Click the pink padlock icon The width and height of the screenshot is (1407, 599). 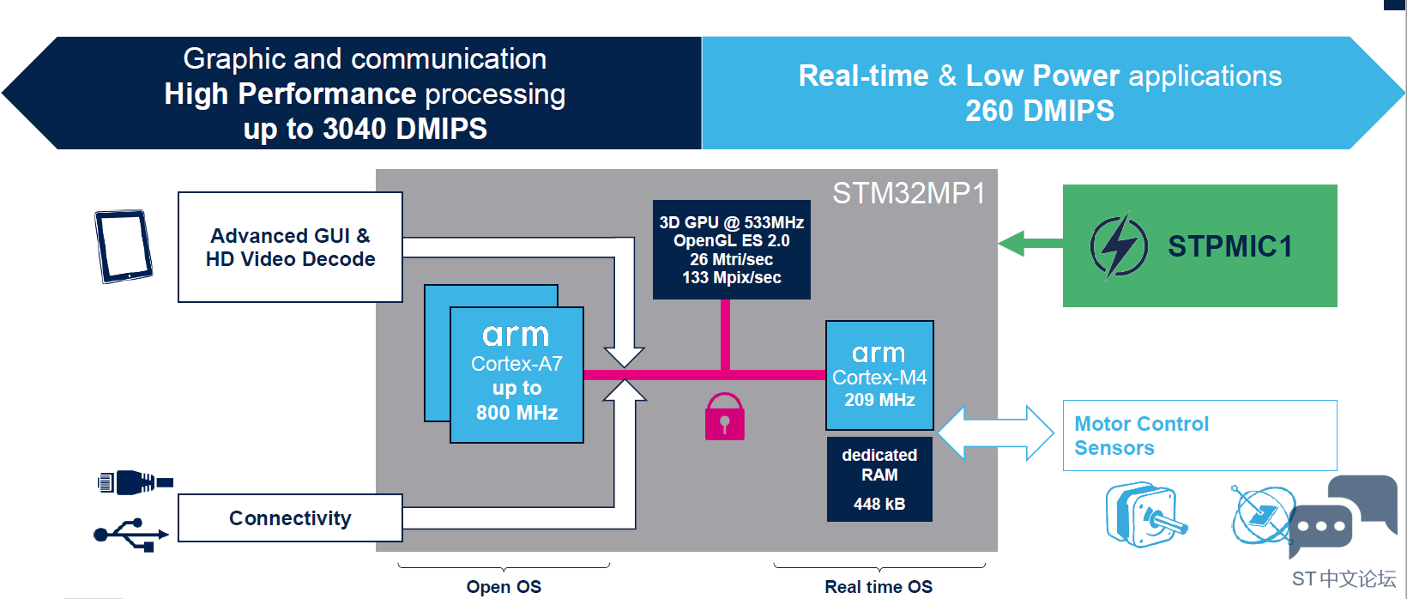pos(724,417)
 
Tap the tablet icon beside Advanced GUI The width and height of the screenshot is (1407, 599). pos(124,246)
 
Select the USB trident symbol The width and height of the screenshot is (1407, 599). pos(130,534)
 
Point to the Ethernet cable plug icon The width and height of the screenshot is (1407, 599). pos(135,482)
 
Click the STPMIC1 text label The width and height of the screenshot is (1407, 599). pos(1229,246)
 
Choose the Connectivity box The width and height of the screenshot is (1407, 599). pos(290,518)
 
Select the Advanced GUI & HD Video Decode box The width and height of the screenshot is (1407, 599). pos(290,247)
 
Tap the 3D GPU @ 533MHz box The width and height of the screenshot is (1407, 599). pos(731,250)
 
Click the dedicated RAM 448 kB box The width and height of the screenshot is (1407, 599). pos(879,479)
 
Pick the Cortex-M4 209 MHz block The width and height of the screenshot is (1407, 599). pos(879,376)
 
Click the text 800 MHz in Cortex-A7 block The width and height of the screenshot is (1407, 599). pos(516,413)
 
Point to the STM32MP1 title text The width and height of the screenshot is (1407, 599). pos(909,193)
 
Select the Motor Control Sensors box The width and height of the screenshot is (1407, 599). pos(1199,435)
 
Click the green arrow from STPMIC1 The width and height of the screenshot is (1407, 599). pos(1030,244)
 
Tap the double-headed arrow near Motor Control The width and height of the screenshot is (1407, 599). pos(995,433)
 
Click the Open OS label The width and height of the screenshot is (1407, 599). pos(504,587)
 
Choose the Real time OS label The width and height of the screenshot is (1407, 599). pos(879,587)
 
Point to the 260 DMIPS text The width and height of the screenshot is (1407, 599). pos(1040,111)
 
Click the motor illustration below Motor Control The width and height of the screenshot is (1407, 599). pos(1144,515)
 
